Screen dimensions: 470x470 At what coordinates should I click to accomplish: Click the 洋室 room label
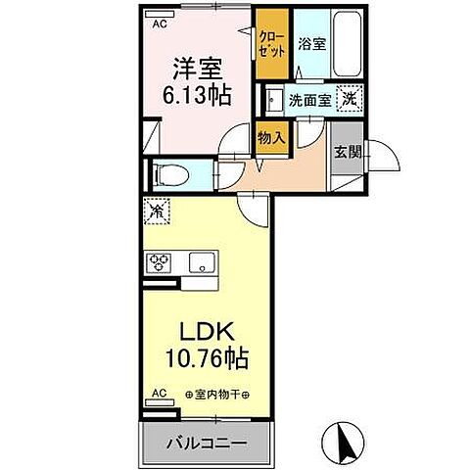pyautogui.click(x=199, y=70)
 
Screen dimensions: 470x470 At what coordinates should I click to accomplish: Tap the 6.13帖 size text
pyautogui.click(x=199, y=96)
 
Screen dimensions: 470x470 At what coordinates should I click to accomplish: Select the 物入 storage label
pyautogui.click(x=270, y=138)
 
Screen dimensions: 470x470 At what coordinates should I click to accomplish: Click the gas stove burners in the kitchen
pyautogui.click(x=159, y=262)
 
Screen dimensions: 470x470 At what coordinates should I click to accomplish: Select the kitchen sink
pyautogui.click(x=202, y=262)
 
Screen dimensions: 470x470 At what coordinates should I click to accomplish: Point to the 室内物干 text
pyautogui.click(x=217, y=395)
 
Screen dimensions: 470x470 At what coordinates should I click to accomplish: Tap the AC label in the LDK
pyautogui.click(x=157, y=395)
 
